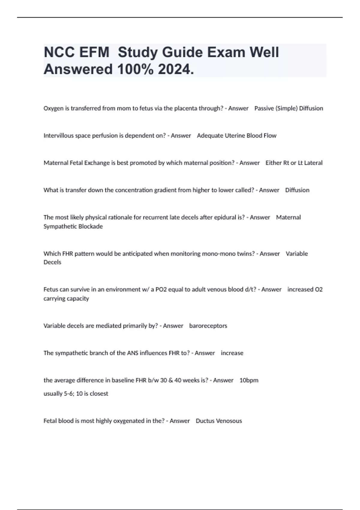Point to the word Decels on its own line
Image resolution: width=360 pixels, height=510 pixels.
click(x=52, y=262)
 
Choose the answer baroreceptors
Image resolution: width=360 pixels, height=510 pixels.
click(x=208, y=326)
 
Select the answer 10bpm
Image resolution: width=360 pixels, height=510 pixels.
click(x=249, y=380)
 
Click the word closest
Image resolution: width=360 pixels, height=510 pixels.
click(x=99, y=394)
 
